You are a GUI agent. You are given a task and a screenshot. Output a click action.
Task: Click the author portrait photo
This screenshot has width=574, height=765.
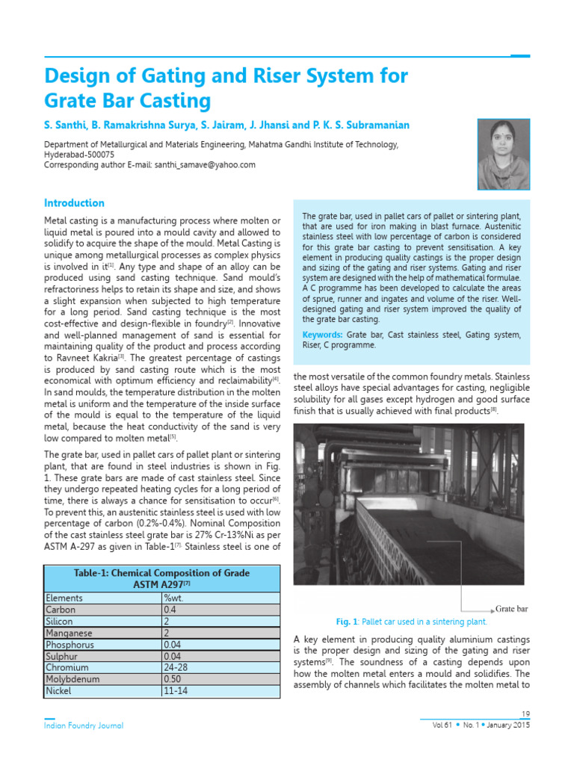[x=503, y=155]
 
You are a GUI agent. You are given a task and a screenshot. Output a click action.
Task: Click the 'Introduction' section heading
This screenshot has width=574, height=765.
[x=74, y=203]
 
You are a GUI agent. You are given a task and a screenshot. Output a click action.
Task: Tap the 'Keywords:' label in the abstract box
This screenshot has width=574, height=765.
[x=323, y=335]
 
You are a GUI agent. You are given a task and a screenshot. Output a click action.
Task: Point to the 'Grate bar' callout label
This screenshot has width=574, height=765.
[x=512, y=609]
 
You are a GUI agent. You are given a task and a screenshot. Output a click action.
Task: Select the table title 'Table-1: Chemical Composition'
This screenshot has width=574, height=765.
[x=162, y=573]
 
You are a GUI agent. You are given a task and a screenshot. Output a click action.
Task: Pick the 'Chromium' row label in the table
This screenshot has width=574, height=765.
[x=67, y=667]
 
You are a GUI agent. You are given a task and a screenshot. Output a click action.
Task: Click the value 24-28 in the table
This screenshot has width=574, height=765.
[x=176, y=667]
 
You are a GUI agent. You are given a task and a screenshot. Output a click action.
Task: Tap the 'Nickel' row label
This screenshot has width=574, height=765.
[x=59, y=691]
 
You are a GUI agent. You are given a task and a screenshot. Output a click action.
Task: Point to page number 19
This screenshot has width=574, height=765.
[x=524, y=714]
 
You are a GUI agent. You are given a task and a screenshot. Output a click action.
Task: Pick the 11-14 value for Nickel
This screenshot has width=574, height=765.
[x=175, y=691]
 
